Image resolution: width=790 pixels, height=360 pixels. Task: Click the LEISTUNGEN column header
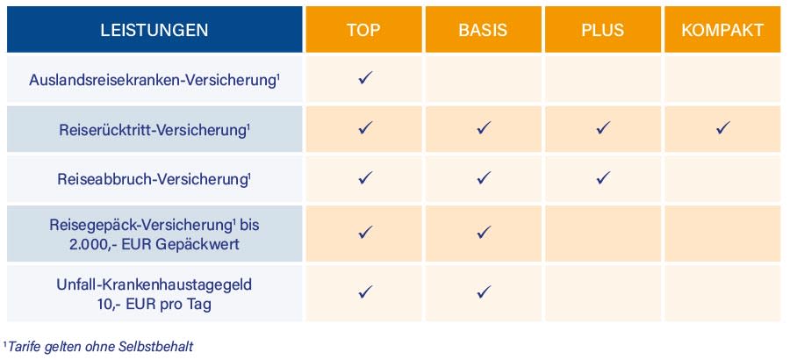coord(154,30)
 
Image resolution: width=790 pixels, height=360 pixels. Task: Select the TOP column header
coord(363,30)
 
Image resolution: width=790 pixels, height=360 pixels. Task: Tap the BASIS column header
coord(483,30)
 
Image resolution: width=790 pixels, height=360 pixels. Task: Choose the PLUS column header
coord(602,30)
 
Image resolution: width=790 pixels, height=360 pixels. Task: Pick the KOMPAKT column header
coord(722,30)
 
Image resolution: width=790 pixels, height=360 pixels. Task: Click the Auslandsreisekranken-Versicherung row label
coord(154,80)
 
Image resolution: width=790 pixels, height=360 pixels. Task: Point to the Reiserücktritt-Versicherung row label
coord(154,130)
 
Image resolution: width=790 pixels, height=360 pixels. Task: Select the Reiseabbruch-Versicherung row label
coord(154,179)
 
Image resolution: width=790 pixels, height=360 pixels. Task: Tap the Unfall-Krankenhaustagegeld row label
coord(154,284)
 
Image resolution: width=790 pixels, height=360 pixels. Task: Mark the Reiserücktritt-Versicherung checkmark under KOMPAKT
coord(722,128)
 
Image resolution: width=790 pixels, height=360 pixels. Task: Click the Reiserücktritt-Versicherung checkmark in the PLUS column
coord(603,128)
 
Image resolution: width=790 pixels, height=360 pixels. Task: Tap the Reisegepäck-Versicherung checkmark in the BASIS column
coord(484,233)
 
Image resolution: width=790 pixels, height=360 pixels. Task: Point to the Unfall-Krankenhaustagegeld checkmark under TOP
coord(364,291)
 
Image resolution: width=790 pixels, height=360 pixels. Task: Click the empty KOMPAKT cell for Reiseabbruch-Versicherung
coord(722,178)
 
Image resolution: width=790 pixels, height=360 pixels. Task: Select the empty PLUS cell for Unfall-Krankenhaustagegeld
coord(602,292)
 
